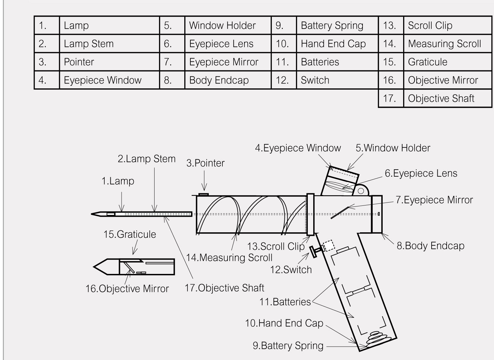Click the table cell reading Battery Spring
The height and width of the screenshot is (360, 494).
[332, 26]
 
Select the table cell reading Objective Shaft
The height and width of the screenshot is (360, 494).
[441, 98]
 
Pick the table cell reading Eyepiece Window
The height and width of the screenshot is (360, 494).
[103, 80]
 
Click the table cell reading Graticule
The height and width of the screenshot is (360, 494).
[427, 62]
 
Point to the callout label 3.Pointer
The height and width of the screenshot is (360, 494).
[205, 163]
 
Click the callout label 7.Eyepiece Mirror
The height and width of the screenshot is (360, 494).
[434, 200]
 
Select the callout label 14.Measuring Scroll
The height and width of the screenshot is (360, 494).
[229, 258]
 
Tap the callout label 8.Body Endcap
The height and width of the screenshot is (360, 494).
[430, 246]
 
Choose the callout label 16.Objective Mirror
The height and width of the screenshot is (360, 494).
[127, 289]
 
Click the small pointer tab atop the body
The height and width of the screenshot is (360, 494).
[203, 194]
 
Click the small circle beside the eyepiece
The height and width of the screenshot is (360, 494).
[361, 191]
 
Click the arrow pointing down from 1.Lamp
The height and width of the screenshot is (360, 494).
[121, 202]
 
